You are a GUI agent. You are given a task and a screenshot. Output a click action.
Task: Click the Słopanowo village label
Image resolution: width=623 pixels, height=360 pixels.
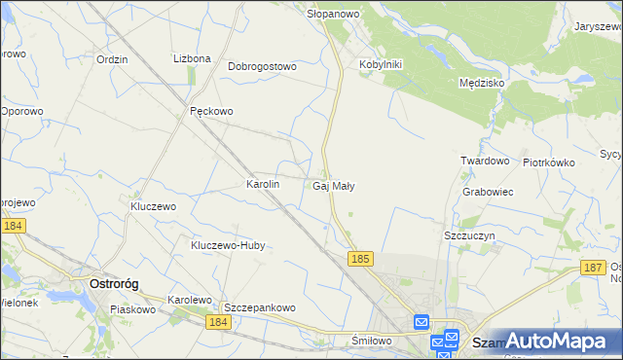pos(334,14)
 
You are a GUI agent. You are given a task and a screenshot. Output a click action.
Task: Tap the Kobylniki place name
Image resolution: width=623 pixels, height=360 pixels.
pos(381,64)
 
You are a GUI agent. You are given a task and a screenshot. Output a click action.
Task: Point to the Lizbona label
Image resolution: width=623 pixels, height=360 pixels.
pos(192,58)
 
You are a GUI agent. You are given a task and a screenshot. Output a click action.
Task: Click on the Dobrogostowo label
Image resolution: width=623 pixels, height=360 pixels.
pos(262,67)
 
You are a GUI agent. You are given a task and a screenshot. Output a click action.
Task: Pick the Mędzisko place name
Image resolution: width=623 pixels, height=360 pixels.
pos(481,84)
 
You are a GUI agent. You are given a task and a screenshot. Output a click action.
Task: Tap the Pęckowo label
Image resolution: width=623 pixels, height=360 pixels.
pos(211,111)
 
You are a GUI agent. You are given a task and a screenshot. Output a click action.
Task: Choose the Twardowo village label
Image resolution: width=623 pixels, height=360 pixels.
pos(486,161)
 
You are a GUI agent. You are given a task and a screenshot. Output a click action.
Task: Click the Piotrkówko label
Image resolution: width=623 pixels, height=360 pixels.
pos(549,162)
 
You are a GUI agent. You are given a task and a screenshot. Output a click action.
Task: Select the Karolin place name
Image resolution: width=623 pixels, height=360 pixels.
pos(264,184)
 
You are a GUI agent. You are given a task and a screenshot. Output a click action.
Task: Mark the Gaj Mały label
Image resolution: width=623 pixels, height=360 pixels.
pos(334,185)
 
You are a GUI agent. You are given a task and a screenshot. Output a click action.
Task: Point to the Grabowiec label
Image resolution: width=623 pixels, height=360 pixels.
pos(489,192)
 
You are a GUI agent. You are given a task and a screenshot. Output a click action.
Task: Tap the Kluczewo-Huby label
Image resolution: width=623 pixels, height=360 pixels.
pos(228,246)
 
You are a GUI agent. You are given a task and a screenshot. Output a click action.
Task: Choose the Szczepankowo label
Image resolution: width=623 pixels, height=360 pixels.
pos(260,307)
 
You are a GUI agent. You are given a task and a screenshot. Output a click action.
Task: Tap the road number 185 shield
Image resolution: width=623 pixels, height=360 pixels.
pos(360,259)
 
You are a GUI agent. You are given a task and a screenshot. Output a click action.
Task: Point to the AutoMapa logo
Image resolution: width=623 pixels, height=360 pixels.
pos(554,341)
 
